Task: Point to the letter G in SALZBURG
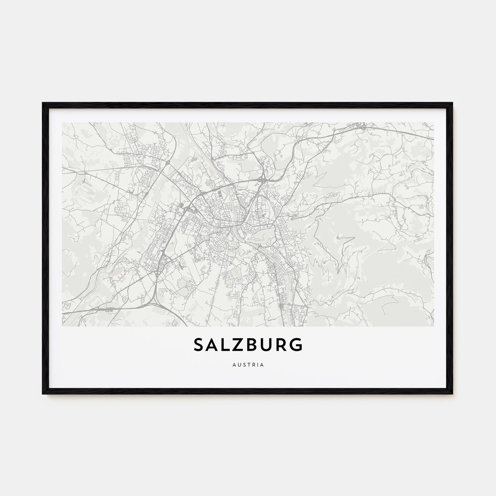[x=296, y=345]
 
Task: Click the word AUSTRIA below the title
[x=248, y=365]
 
